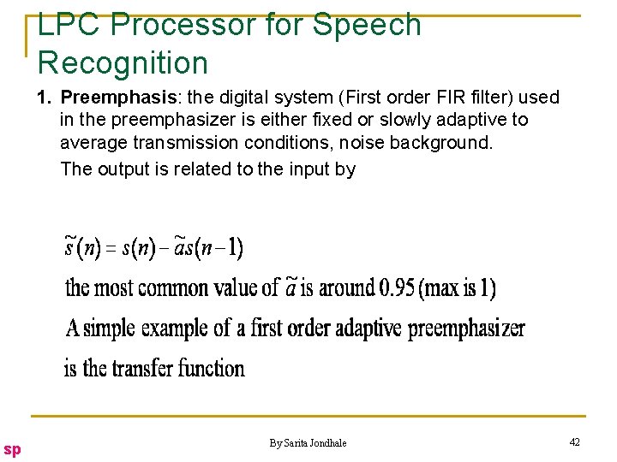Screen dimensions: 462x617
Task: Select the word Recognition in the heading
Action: [123, 62]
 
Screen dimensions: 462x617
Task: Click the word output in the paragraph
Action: [125, 169]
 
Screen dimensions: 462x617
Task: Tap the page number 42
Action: [574, 441]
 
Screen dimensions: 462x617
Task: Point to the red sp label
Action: [12, 448]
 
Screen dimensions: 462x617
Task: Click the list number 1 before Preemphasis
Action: [44, 97]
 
